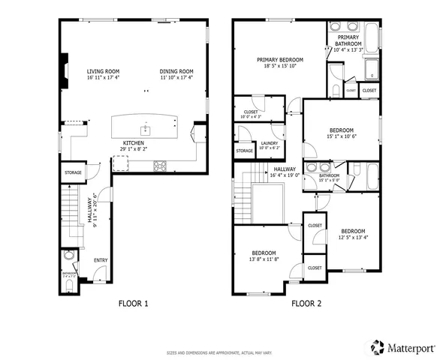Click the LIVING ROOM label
pyautogui.click(x=104, y=70)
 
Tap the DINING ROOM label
pyautogui.click(x=176, y=70)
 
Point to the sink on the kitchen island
pyautogui.click(x=147, y=130)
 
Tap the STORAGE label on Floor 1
pyautogui.click(x=72, y=172)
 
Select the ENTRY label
pyautogui.click(x=100, y=260)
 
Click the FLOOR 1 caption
pyautogui.click(x=134, y=304)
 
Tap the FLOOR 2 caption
pyautogui.click(x=306, y=304)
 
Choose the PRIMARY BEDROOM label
pyautogui.click(x=279, y=59)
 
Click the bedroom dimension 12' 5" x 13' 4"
pyautogui.click(x=352, y=237)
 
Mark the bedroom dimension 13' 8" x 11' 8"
pyautogui.click(x=264, y=259)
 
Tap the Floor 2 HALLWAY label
pyautogui.click(x=285, y=169)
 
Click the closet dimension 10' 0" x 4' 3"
pyautogui.click(x=250, y=116)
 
